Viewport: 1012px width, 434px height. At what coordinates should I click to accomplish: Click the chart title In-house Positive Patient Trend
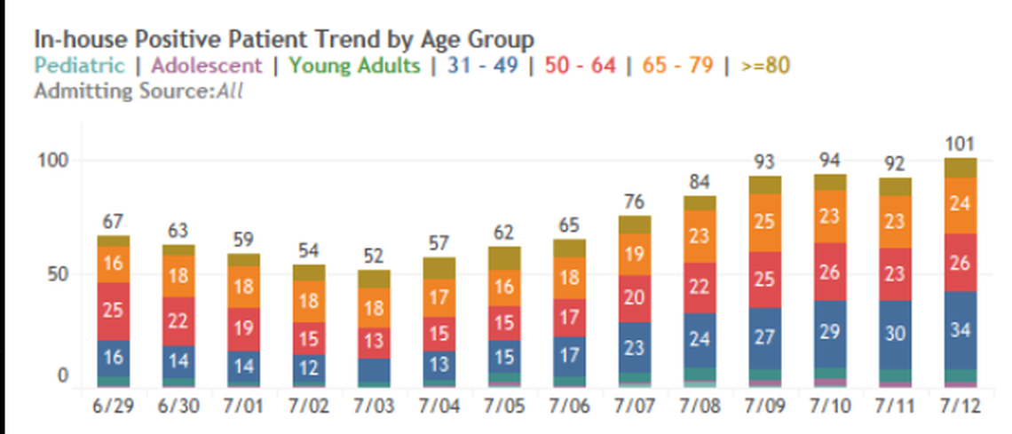click(284, 39)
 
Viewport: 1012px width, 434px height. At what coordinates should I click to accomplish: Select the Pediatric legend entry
click(79, 66)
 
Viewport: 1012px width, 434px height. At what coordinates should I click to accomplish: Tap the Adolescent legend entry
click(206, 66)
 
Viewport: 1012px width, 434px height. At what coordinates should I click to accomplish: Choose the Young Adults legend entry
click(354, 66)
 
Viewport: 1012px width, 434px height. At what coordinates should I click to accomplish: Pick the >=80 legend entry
click(764, 66)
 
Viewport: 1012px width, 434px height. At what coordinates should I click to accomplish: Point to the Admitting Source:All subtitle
click(138, 91)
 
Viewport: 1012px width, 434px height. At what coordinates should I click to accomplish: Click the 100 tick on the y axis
click(51, 161)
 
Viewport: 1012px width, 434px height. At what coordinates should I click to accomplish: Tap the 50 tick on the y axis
click(56, 274)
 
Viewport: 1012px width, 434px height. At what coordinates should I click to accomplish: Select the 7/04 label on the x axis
click(439, 407)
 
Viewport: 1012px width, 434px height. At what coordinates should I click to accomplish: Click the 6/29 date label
click(114, 407)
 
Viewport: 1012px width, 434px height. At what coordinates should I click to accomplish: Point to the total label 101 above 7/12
click(961, 144)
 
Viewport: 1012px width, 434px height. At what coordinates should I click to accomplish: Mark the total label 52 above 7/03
click(374, 256)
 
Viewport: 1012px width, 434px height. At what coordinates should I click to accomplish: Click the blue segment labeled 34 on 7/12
click(961, 330)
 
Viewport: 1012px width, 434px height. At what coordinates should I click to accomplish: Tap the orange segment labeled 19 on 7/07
click(634, 255)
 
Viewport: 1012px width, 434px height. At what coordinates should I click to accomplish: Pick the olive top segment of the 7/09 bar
click(764, 185)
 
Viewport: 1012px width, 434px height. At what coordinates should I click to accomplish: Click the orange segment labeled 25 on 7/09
click(764, 222)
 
